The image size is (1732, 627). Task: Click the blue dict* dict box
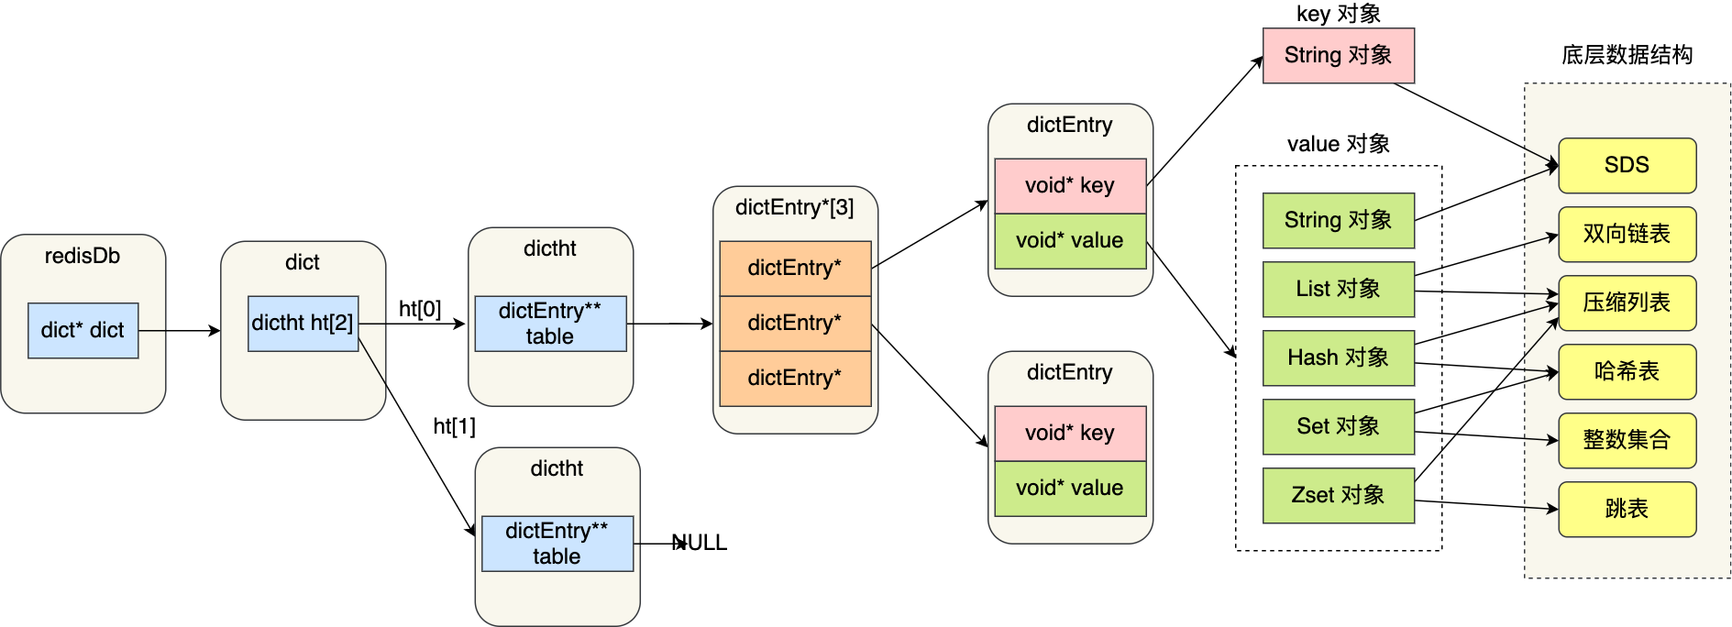tap(83, 330)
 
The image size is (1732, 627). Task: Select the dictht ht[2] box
tap(303, 323)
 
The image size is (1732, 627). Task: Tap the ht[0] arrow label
tap(420, 309)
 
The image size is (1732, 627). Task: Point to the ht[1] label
tap(454, 426)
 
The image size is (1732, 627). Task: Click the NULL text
tap(701, 543)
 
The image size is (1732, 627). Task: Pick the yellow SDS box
tap(1627, 165)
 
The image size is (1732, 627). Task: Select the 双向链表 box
tap(1627, 234)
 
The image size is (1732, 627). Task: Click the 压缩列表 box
tap(1627, 302)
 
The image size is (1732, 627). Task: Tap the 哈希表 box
tap(1627, 371)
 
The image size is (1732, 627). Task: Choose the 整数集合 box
tap(1627, 440)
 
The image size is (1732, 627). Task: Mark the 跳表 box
tap(1627, 509)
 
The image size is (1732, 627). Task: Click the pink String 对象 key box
tap(1338, 55)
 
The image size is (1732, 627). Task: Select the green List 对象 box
tap(1338, 289)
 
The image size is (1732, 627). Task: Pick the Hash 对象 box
tap(1338, 357)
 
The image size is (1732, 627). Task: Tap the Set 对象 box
tap(1338, 426)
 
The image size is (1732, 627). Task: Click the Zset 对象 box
tap(1338, 495)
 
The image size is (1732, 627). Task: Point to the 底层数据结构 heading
tap(1627, 55)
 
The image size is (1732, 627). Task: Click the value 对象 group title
tap(1338, 144)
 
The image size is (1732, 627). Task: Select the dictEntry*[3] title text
tap(794, 207)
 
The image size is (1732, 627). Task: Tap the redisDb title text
tap(83, 256)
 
